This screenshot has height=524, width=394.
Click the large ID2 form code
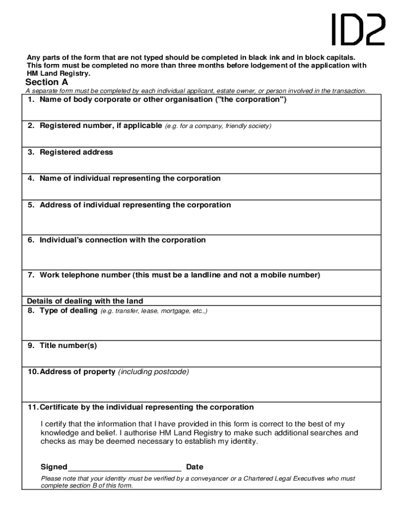[358, 30]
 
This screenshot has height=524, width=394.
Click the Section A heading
[47, 82]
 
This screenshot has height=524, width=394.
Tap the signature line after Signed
[125, 467]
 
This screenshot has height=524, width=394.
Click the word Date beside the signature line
[194, 467]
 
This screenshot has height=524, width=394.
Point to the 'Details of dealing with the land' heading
[85, 301]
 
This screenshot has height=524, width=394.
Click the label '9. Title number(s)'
[62, 345]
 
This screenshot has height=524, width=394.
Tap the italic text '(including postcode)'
[154, 372]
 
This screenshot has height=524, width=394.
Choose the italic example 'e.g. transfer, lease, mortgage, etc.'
[154, 311]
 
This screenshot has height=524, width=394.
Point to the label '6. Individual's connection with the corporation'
[117, 240]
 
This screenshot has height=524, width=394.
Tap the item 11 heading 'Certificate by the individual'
[141, 407]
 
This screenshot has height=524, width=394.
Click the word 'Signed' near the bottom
[54, 467]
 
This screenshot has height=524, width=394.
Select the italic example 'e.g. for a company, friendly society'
[218, 126]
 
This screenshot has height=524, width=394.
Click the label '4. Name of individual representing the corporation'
[124, 178]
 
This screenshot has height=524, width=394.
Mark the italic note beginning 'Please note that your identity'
[198, 482]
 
